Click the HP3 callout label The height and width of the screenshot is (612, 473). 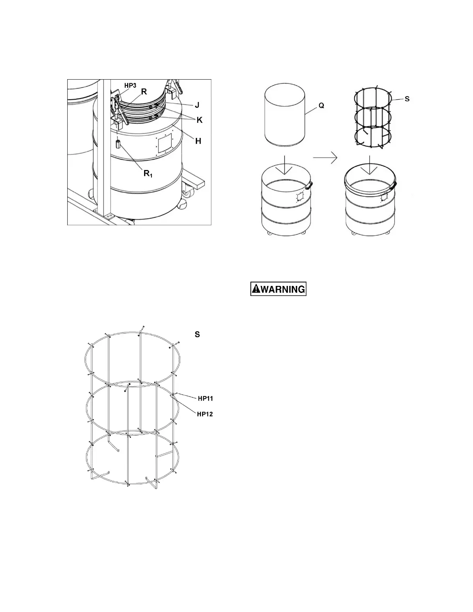click(x=130, y=85)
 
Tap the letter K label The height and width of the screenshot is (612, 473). click(x=199, y=120)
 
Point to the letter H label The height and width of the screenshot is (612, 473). click(x=198, y=141)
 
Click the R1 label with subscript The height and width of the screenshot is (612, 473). click(x=147, y=173)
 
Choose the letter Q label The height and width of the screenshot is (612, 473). click(x=321, y=105)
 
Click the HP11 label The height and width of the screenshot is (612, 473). click(x=205, y=398)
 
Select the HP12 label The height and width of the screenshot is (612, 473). click(x=205, y=414)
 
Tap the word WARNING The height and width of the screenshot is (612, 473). click(x=283, y=289)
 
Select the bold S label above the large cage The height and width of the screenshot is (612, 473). click(x=197, y=335)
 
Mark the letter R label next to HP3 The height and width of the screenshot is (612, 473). click(x=144, y=92)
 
